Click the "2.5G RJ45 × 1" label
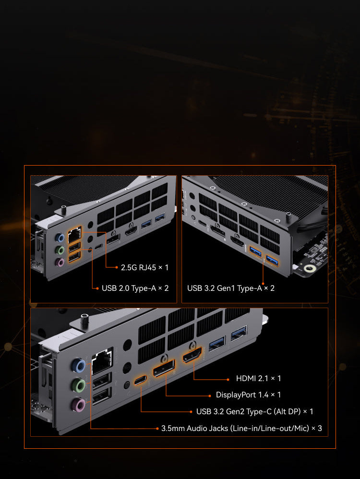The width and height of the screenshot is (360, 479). pos(144,268)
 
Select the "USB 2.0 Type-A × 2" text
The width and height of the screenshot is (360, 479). pos(135,288)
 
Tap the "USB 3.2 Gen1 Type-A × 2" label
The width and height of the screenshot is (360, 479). pos(231,288)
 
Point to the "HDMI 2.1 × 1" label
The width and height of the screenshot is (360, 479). pos(259,379)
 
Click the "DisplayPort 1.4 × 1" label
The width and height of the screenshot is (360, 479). pos(248,395)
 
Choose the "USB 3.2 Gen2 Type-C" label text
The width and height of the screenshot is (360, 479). pos(234,412)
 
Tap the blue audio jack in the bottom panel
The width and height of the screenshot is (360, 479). pos(79,366)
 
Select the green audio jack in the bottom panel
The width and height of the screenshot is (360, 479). pos(78,385)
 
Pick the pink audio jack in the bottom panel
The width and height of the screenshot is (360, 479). pos(79,406)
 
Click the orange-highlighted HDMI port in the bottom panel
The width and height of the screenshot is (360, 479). pos(192,355)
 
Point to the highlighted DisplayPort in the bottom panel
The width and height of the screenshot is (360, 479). pos(164,369)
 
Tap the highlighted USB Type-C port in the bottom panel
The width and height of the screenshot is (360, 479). pos(140,381)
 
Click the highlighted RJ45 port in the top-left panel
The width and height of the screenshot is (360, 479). pos(74,235)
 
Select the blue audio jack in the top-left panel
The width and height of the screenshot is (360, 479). pos(60,238)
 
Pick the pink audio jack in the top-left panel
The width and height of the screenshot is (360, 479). pos(60,263)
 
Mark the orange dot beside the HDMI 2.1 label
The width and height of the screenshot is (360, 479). pos(228,380)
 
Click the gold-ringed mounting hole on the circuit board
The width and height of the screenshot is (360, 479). pos(310,269)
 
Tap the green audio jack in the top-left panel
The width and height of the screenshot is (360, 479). pos(60,251)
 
